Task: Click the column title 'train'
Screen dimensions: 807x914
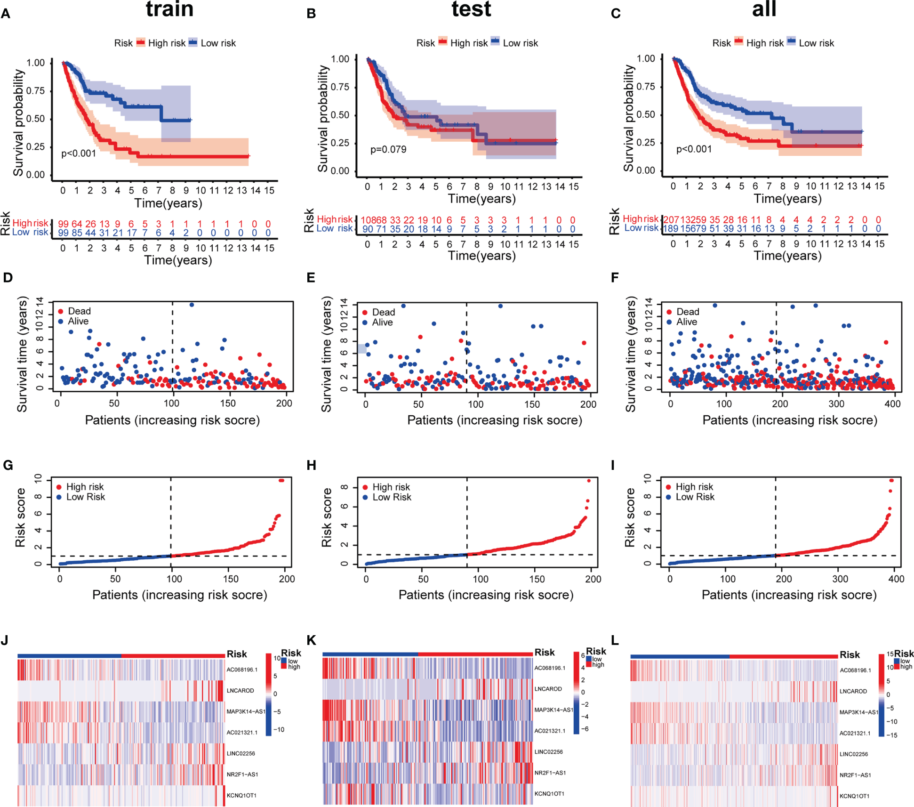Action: (169, 9)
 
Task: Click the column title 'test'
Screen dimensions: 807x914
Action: (471, 9)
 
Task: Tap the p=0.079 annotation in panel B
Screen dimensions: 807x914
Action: (388, 150)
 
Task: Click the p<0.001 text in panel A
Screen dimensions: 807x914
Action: (79, 153)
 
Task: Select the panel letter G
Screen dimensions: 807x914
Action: (8, 465)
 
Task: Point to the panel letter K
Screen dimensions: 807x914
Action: (311, 640)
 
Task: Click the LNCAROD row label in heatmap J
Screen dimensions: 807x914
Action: (240, 691)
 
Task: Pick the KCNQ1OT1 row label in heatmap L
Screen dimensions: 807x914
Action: (854, 796)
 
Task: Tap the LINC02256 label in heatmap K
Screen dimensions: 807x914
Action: (548, 752)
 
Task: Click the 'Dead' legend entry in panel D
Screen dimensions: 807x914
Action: (79, 311)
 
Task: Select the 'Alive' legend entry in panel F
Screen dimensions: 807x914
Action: (686, 322)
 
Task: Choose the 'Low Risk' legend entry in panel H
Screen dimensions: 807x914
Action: (392, 497)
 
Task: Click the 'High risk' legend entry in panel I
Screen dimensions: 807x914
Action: (694, 487)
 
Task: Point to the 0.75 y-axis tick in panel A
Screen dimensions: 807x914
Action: (36, 91)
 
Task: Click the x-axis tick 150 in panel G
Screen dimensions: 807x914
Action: (231, 579)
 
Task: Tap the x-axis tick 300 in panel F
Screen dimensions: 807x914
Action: (836, 404)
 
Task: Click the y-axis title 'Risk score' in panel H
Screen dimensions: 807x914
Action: (326, 517)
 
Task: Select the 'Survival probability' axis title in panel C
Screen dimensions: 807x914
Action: (628, 118)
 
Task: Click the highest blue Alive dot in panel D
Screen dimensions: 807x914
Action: (192, 305)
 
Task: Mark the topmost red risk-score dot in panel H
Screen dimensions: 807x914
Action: (589, 481)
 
